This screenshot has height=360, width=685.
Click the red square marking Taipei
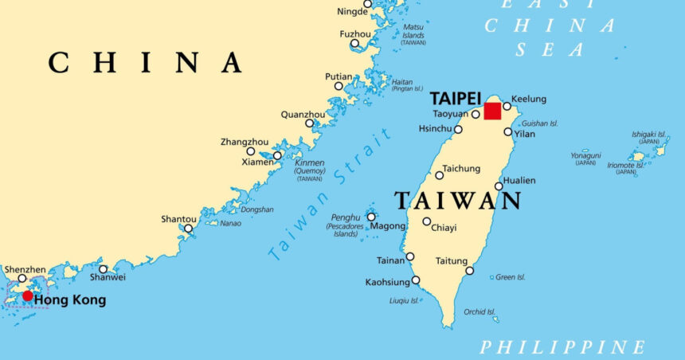(x=492, y=111)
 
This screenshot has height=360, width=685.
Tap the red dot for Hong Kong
(x=28, y=296)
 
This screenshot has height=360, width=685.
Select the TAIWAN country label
(x=457, y=200)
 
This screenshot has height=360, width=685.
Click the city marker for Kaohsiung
(x=416, y=280)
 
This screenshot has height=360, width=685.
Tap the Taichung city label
(x=462, y=169)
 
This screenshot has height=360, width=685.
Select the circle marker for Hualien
(x=499, y=186)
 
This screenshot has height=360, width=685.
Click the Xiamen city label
(x=258, y=162)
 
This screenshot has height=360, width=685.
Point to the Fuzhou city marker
(x=355, y=45)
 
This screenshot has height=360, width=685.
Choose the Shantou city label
(x=178, y=219)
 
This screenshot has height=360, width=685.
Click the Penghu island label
(x=345, y=217)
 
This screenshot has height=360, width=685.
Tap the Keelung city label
(x=529, y=99)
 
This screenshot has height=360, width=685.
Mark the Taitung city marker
(x=470, y=271)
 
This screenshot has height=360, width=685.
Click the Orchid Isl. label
(x=479, y=311)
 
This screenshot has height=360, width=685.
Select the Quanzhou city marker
(x=310, y=123)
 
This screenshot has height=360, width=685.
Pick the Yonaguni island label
(x=585, y=155)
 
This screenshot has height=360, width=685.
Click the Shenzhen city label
(x=25, y=270)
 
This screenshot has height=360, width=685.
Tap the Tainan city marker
(x=410, y=256)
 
